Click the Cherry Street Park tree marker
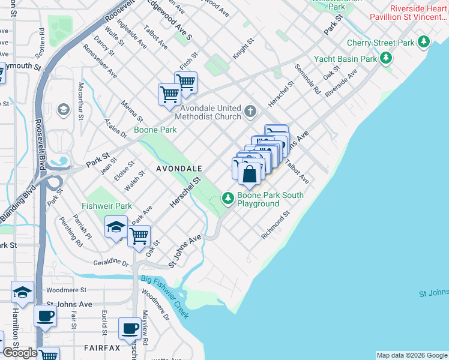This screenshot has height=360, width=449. pos(424,41)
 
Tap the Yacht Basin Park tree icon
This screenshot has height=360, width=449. pos(387,58)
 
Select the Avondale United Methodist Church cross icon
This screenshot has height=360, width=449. pos(251,112)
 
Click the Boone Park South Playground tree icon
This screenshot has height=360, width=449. pos(228,197)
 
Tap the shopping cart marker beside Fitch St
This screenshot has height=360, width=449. pos(186,82)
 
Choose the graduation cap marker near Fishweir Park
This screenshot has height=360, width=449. pos(116,227)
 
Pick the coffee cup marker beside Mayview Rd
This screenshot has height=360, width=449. pos(130,328)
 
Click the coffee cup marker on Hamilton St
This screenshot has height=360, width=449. pos(45,316)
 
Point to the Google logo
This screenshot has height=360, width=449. pos(20,353)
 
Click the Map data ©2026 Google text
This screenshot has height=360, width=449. pos(411,355)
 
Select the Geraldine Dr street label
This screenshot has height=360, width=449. pos(111,262)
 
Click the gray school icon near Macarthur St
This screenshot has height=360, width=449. pos(62,110)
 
